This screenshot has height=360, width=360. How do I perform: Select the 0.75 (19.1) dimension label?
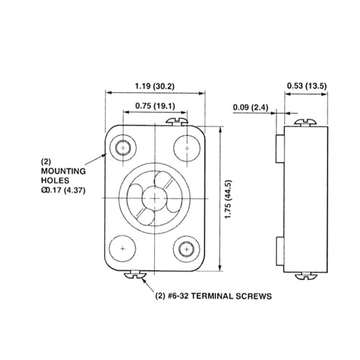pyautogui.click(x=156, y=106)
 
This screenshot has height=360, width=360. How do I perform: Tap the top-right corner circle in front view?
pyautogui.click(x=187, y=148)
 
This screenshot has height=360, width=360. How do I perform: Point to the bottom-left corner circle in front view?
pyautogui.click(x=124, y=248)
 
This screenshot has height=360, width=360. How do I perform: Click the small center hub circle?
pyautogui.click(x=156, y=197)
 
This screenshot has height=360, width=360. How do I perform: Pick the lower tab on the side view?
pyautogui.click(x=278, y=248)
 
